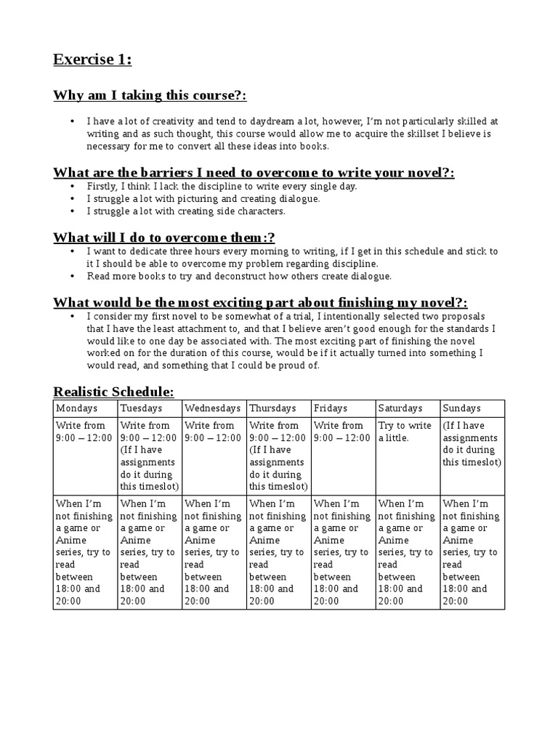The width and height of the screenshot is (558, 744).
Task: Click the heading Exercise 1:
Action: [92, 60]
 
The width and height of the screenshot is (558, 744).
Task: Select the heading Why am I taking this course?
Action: [150, 96]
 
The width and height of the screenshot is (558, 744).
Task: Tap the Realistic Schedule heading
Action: [113, 392]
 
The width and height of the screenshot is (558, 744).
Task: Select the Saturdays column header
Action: [399, 408]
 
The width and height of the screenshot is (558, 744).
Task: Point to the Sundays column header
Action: [461, 408]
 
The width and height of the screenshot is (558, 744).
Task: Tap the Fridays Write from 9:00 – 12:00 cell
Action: [338, 432]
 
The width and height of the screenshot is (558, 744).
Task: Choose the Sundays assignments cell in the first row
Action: [472, 444]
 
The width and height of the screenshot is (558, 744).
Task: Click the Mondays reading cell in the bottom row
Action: [84, 552]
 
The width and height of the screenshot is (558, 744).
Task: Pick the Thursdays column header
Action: [272, 408]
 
